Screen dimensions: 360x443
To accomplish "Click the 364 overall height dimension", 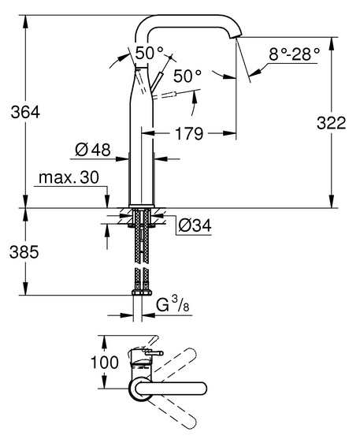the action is (25, 112).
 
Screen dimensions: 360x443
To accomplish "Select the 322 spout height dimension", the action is (331, 123).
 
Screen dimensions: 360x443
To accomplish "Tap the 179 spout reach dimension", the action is (189, 133).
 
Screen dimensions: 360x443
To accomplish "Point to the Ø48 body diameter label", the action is (93, 150).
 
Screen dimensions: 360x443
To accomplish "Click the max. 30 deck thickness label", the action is (69, 177).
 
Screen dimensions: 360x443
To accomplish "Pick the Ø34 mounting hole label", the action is (195, 225).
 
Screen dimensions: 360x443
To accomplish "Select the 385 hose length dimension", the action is (24, 251).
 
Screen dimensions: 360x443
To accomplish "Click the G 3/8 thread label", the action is (173, 305).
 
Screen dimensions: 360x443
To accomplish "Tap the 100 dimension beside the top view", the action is (105, 362).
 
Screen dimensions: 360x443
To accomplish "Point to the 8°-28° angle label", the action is (294, 54).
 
